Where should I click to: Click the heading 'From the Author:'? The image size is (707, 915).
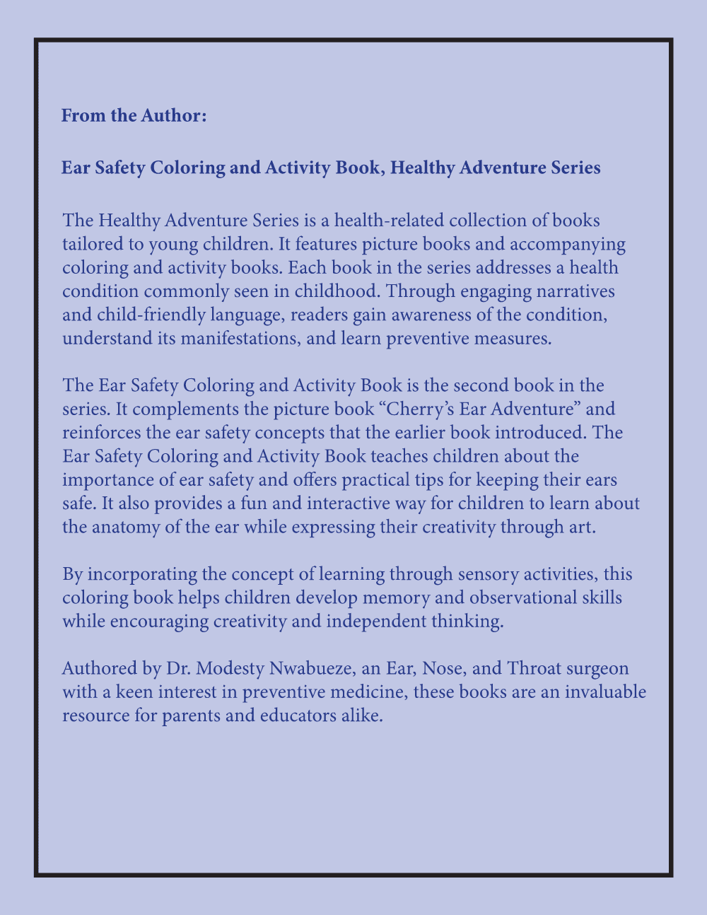tap(134, 115)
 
